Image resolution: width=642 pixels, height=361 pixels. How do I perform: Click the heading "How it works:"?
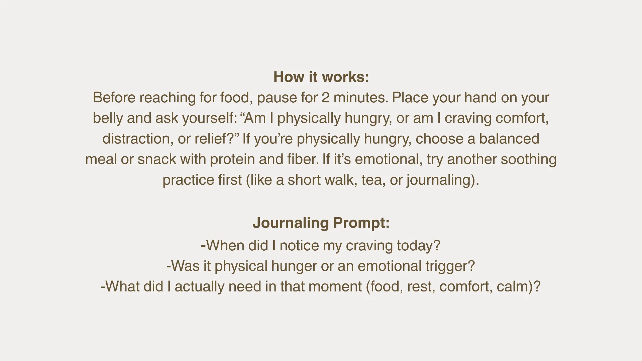[x=321, y=77]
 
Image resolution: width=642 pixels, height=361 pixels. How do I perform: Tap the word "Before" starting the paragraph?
[x=114, y=98]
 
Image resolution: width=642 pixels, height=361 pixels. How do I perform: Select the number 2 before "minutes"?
[x=325, y=98]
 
